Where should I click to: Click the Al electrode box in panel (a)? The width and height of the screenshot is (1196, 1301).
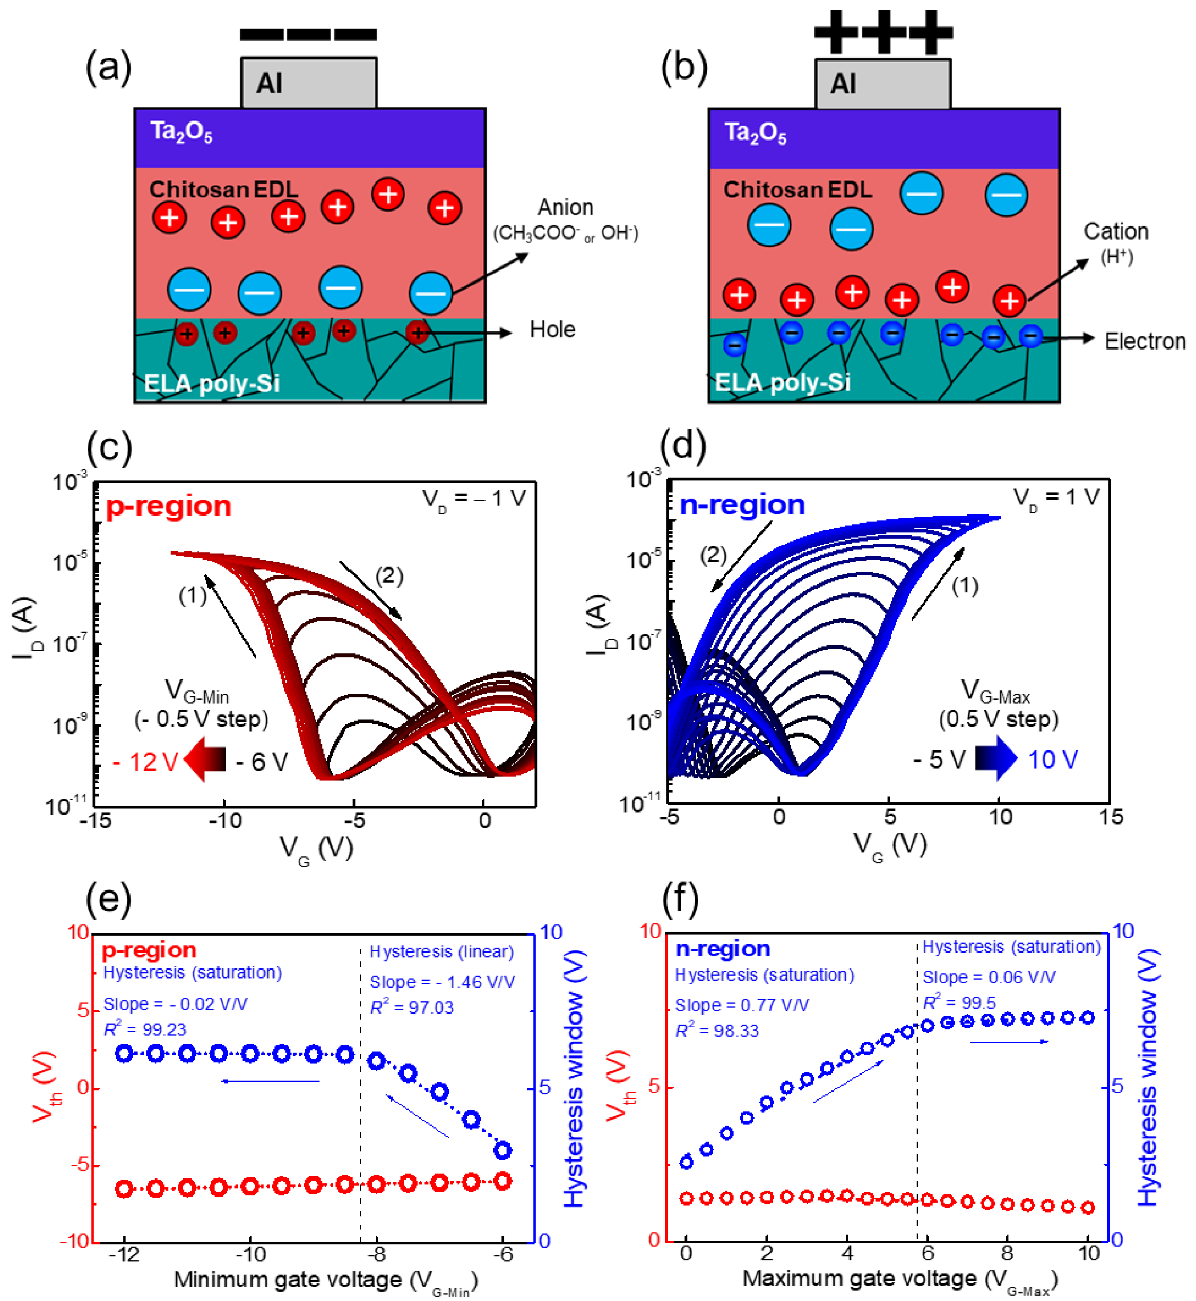point(309,83)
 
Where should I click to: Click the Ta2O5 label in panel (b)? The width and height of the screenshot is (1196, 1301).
point(755,133)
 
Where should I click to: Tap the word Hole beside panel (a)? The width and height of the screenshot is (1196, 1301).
point(552,330)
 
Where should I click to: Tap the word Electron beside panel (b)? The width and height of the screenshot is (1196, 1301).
point(1144,342)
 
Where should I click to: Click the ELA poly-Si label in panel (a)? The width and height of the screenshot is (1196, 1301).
point(212,383)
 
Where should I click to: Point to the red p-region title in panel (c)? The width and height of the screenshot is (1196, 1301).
point(168,506)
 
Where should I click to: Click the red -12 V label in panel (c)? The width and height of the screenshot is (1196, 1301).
point(145,762)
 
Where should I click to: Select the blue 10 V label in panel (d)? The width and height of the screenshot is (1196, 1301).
point(1052,759)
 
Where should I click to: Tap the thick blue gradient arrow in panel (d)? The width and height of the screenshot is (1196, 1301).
point(996,758)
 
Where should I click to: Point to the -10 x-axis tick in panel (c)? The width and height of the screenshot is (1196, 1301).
point(224,820)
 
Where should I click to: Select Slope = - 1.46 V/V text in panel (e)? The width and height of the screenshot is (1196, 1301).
point(442,982)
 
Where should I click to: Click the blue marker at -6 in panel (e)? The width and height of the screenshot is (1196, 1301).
point(503,1150)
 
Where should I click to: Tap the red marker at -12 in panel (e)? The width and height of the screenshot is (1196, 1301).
point(124,1189)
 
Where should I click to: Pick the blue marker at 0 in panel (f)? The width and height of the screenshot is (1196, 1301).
point(686,1163)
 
